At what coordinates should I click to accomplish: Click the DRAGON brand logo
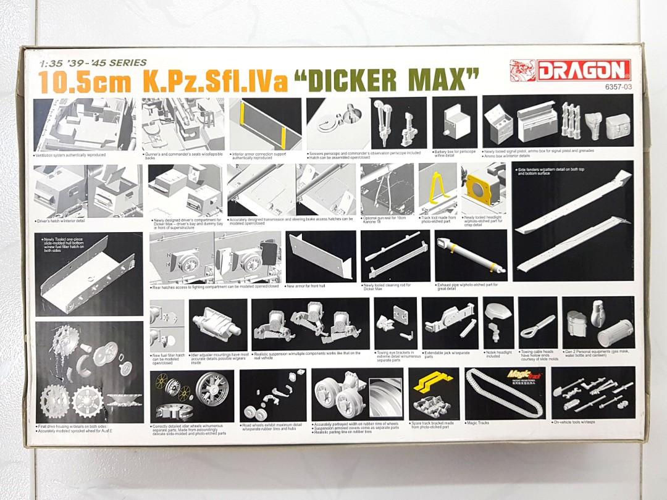[569, 70]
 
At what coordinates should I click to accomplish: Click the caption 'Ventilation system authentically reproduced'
[70, 155]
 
